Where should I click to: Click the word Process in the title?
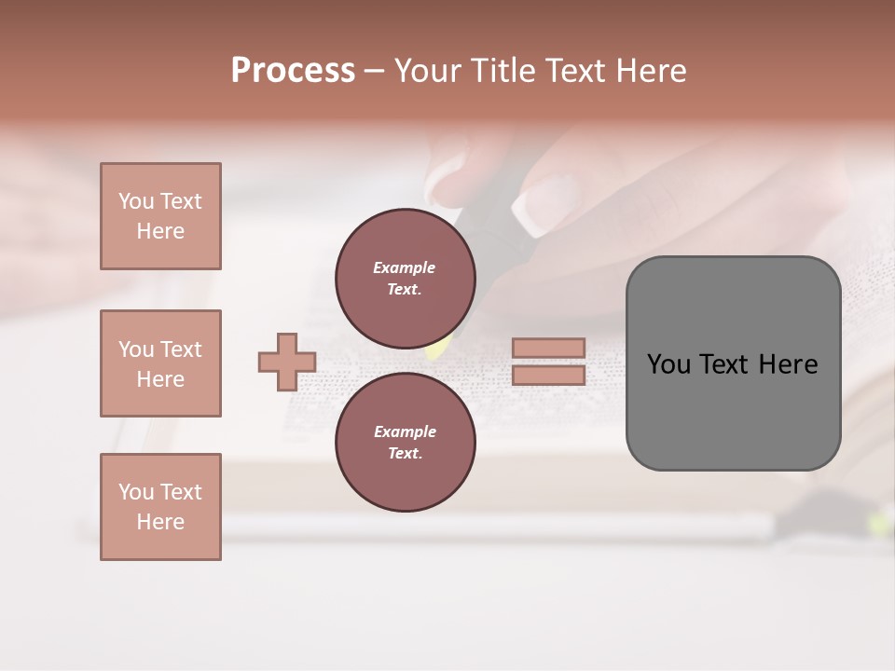pyautogui.click(x=293, y=71)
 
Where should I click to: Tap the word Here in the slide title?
pyautogui.click(x=650, y=71)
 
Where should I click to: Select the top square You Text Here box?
pyautogui.click(x=160, y=216)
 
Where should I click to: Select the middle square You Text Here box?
pyautogui.click(x=160, y=363)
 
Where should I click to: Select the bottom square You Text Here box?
pyautogui.click(x=160, y=507)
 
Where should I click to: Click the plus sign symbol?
pyautogui.click(x=287, y=362)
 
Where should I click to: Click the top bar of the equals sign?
pyautogui.click(x=548, y=348)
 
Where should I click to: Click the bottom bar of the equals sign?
pyautogui.click(x=548, y=375)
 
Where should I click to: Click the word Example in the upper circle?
pyautogui.click(x=405, y=267)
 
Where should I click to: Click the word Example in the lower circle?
pyautogui.click(x=405, y=431)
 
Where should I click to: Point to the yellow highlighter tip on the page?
pyautogui.click(x=434, y=350)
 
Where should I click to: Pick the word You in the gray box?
pyautogui.click(x=668, y=364)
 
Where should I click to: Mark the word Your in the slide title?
pyautogui.click(x=430, y=71)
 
